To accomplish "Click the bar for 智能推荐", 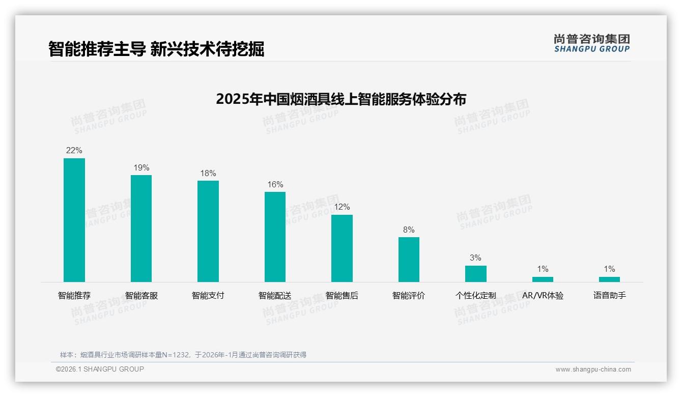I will [74, 220].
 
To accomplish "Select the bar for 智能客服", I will [141, 229].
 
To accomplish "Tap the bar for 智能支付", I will [208, 231].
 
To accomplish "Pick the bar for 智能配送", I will [275, 237].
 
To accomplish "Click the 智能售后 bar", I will [342, 248].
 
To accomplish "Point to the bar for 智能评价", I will [409, 260].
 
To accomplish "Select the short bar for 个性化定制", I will [476, 274].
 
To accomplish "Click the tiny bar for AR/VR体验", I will [543, 279].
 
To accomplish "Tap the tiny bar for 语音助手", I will [609, 279].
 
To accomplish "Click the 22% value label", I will [74, 151].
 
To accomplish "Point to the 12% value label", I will [342, 207].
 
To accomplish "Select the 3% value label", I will [475, 258].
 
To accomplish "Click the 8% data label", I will [409, 230].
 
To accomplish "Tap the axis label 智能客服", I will [141, 296].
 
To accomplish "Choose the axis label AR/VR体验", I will [543, 296].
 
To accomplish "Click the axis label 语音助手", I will [609, 296].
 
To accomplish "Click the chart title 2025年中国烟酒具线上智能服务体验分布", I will [341, 99].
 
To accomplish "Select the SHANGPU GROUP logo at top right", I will [592, 43].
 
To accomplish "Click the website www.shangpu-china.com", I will [593, 370].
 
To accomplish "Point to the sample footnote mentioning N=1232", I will [183, 355].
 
